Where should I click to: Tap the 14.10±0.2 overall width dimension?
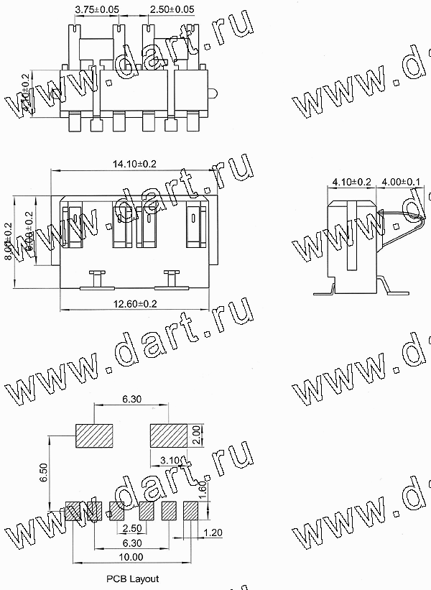[x=134, y=165]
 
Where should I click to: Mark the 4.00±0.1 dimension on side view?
[x=402, y=183]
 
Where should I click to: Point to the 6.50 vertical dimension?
[x=45, y=471]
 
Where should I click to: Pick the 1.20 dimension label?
[x=213, y=533]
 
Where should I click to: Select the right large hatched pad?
[x=168, y=435]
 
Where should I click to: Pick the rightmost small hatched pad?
[x=191, y=510]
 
